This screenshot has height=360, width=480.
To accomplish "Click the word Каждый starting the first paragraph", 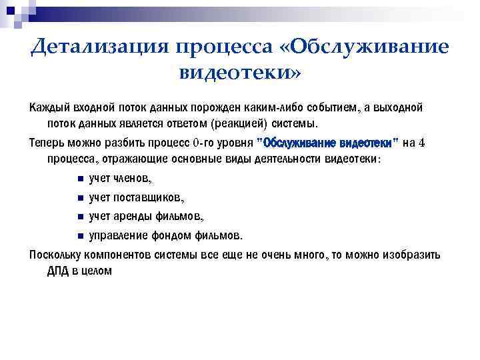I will pyautogui.click(x=49, y=108).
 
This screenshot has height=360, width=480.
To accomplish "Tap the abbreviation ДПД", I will pyautogui.click(x=59, y=271).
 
